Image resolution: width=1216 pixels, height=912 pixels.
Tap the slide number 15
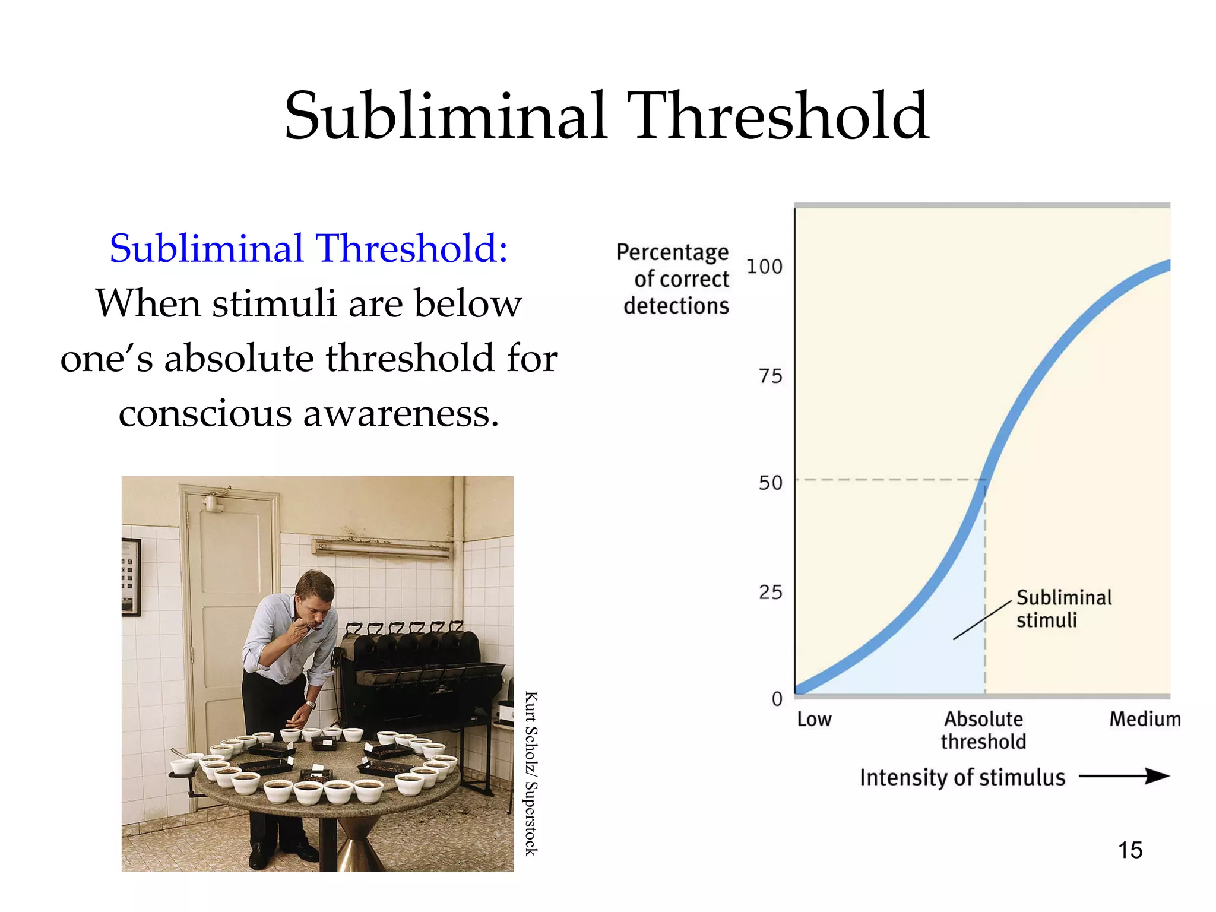point(1130,850)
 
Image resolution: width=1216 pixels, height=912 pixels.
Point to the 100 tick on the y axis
point(764,267)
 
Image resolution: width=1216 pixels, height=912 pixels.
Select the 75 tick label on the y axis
point(770,376)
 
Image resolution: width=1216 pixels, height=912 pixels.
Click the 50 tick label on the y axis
point(770,483)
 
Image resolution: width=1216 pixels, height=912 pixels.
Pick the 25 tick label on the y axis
point(770,592)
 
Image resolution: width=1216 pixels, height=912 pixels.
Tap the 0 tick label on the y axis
point(777,699)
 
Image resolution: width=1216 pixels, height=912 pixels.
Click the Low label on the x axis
point(814,720)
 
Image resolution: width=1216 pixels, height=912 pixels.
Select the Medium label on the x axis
point(1145,720)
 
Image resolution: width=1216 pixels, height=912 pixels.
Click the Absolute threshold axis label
point(983,730)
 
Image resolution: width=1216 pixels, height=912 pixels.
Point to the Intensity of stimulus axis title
point(962,777)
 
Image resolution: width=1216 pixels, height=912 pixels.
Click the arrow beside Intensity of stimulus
point(1123,776)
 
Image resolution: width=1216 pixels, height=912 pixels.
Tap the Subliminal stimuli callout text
point(1063,609)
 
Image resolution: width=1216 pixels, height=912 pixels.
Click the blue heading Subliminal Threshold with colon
point(309,248)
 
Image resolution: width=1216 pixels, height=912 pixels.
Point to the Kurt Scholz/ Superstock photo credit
point(531,773)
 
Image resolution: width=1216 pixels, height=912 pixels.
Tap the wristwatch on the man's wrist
point(310,705)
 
